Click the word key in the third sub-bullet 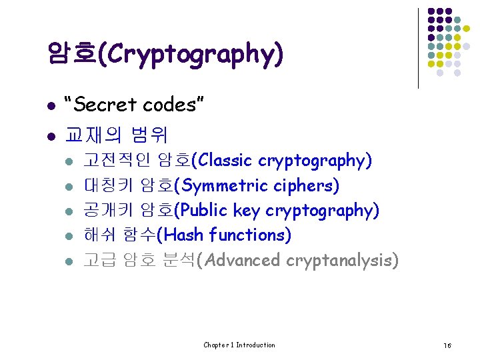(x=247, y=211)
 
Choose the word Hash (x=184, y=235)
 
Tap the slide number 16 (x=447, y=345)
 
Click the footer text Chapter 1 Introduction (x=239, y=345)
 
